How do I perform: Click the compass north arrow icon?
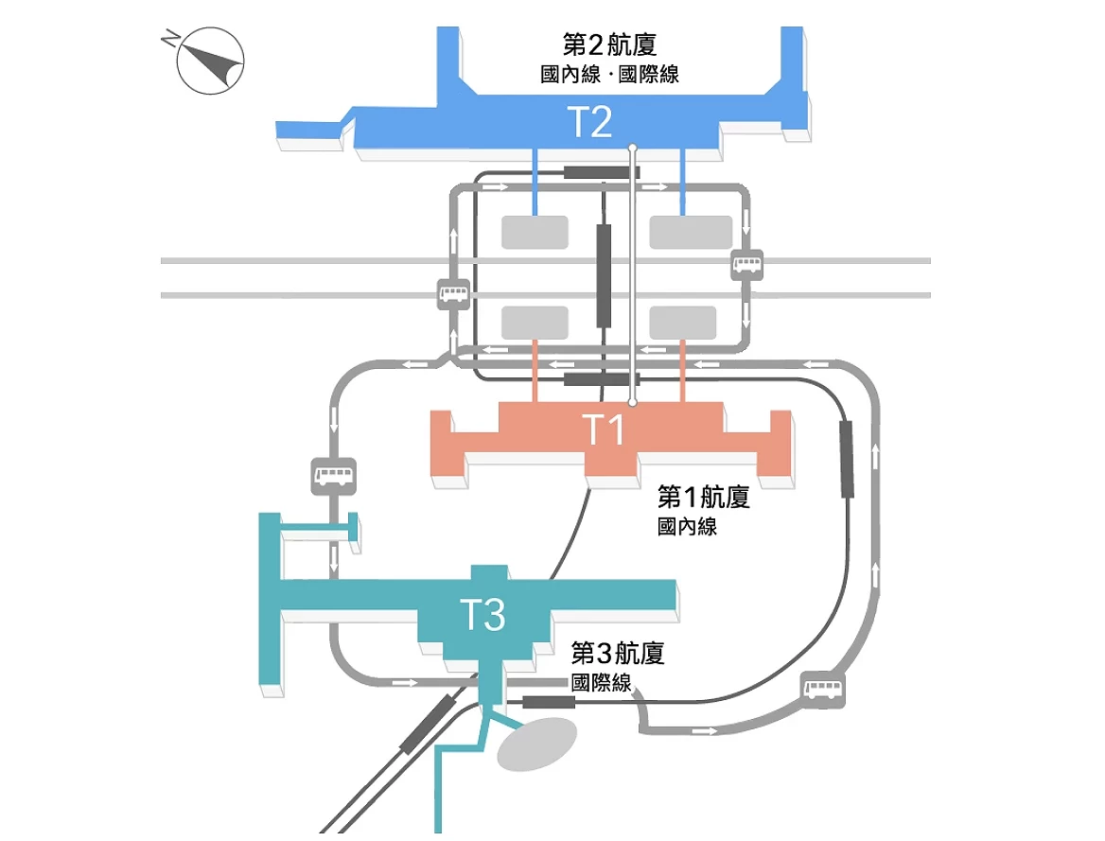210,61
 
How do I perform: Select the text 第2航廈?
609,45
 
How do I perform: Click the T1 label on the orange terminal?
603,429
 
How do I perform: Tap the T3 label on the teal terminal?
482,615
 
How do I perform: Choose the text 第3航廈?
617,654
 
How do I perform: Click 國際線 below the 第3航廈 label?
600,683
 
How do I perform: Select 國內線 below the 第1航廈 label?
687,528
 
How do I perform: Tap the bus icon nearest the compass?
452,294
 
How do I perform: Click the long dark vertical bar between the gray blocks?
604,275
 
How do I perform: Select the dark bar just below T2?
602,172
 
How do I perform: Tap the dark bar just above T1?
596,380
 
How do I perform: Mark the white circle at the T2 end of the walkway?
633,149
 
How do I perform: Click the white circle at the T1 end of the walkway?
633,402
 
